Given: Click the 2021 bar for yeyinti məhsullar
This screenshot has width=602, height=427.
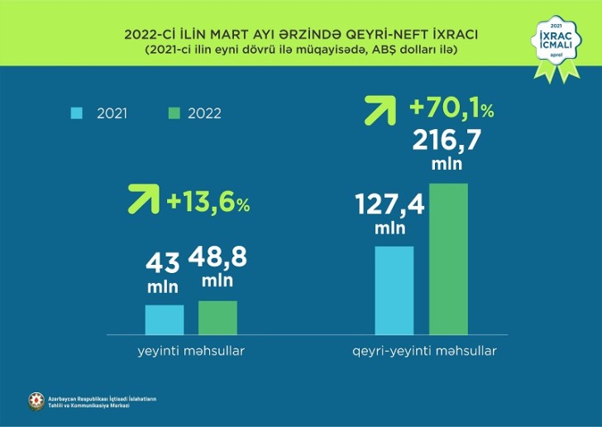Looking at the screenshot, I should (165, 319).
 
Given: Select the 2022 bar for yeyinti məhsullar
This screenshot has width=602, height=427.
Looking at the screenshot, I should (217, 317).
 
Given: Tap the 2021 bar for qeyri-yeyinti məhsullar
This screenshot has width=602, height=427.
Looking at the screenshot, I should (394, 290).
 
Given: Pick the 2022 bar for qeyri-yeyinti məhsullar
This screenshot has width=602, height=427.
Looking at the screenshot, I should (448, 258).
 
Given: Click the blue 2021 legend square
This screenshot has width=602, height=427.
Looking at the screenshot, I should (78, 113).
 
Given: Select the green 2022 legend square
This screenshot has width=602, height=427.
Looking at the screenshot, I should (174, 113).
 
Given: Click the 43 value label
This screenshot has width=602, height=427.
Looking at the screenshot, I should (164, 265).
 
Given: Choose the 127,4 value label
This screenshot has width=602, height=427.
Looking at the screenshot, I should (390, 204).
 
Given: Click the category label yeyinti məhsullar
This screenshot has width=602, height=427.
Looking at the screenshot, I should (191, 351).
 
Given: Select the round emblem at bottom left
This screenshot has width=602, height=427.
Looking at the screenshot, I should (36, 401).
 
